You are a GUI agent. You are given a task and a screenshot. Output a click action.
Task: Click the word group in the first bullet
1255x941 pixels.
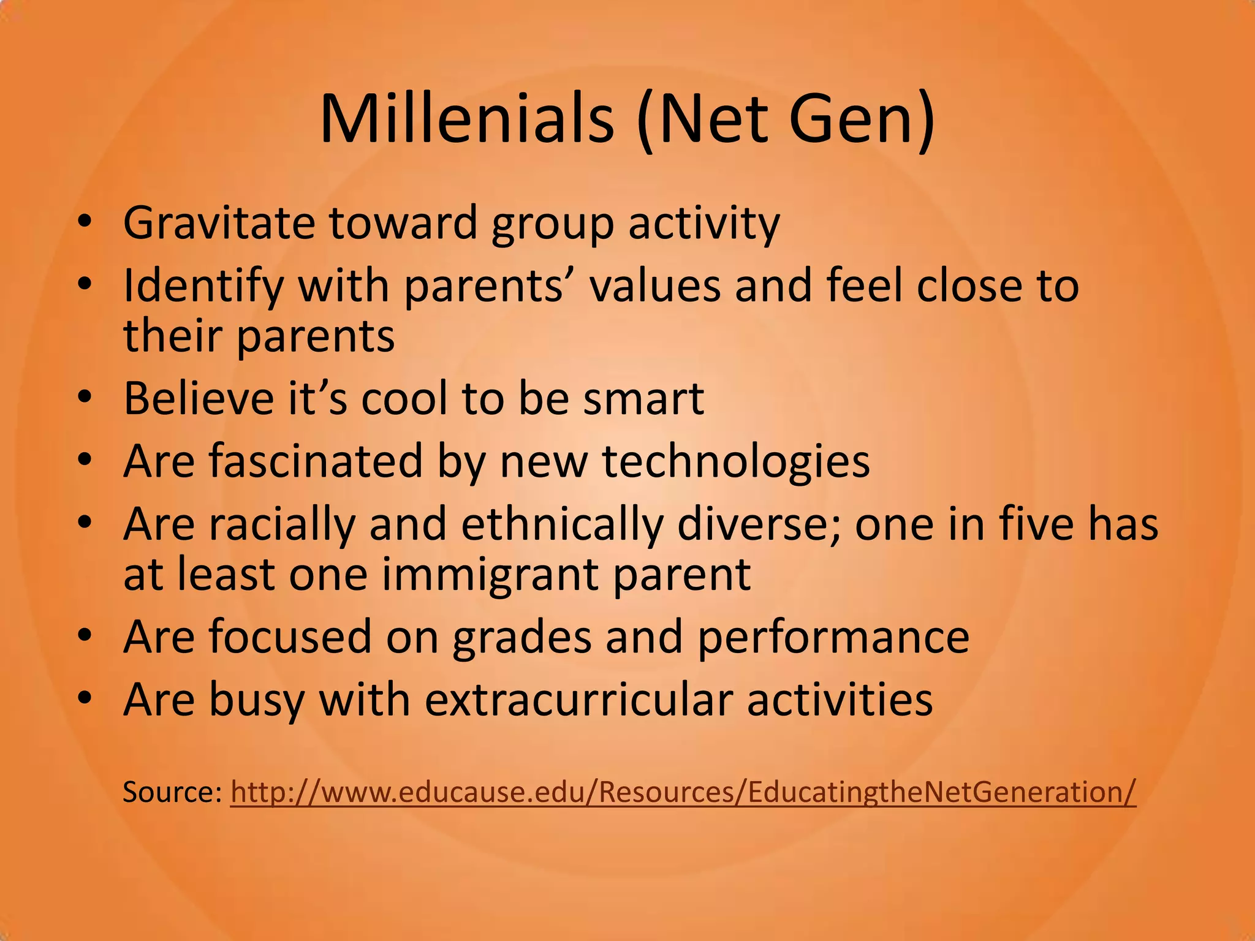pyautogui.click(x=552, y=224)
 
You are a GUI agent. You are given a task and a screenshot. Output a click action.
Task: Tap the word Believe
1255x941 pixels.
pyautogui.click(x=199, y=398)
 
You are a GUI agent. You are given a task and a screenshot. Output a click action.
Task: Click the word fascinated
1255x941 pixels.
pyautogui.click(x=316, y=461)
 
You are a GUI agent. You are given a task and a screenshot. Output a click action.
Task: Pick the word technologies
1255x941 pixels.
pyautogui.click(x=736, y=462)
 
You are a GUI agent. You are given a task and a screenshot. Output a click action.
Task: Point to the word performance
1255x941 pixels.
pyautogui.click(x=833, y=637)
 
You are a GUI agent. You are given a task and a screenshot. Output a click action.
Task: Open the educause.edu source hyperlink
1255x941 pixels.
pyautogui.click(x=683, y=792)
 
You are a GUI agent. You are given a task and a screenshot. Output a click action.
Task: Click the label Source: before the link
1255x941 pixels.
pyautogui.click(x=172, y=792)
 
